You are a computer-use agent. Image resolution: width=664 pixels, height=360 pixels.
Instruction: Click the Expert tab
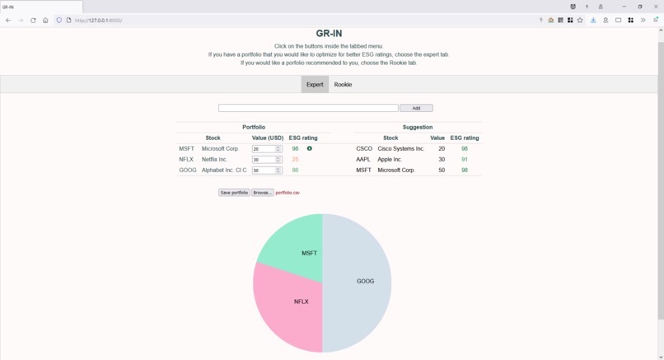tap(315, 84)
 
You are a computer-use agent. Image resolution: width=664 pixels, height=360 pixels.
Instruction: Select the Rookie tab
tap(343, 84)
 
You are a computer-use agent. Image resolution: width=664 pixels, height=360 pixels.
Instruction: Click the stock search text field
tap(307, 108)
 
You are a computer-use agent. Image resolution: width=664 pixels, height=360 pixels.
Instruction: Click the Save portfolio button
tap(234, 193)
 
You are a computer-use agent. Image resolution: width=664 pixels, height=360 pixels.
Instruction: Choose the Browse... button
tap(262, 193)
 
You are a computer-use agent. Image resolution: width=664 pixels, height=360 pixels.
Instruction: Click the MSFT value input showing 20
tap(264, 149)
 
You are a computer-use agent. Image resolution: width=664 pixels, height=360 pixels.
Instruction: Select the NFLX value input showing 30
tap(264, 160)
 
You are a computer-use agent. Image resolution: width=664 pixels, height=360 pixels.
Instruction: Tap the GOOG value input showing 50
tap(264, 171)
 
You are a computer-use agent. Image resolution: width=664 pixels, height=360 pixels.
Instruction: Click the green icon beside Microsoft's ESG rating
tap(310, 149)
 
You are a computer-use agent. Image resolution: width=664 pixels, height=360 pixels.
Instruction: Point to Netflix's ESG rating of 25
tap(295, 160)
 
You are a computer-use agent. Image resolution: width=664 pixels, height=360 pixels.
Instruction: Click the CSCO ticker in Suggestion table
tap(364, 149)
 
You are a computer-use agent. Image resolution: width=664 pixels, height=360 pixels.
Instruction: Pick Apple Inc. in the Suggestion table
tap(390, 160)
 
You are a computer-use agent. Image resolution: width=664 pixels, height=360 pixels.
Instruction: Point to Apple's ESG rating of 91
tap(465, 160)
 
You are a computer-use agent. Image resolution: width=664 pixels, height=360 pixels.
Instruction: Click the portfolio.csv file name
tap(288, 193)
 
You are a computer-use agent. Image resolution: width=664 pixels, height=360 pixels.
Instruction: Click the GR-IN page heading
tap(329, 34)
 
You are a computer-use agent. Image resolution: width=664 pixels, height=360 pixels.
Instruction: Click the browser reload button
tap(33, 20)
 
